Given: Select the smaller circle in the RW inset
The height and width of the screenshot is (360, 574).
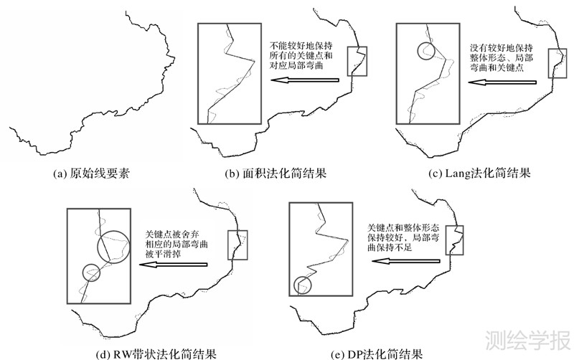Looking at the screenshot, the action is [x=90, y=273].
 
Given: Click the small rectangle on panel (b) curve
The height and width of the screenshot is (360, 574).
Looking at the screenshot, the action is [x=357, y=62].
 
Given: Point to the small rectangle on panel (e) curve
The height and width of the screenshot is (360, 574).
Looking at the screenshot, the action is [x=455, y=240].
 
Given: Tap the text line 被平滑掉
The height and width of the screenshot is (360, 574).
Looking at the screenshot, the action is [x=161, y=254].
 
